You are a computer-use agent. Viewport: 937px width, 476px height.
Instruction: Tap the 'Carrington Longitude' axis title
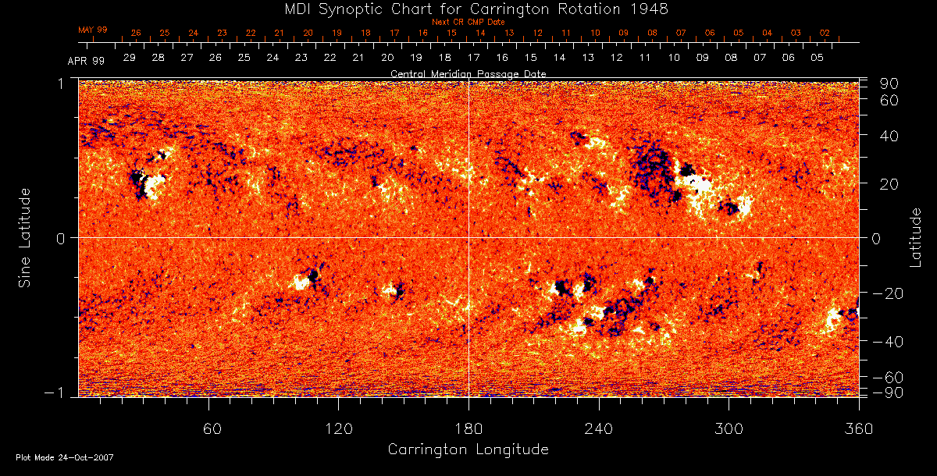point(468,449)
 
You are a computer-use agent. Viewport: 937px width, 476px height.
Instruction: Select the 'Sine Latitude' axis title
point(25,236)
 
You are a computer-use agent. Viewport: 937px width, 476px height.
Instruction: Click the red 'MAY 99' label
point(92,30)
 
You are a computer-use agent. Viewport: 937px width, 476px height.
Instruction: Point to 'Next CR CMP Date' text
point(468,22)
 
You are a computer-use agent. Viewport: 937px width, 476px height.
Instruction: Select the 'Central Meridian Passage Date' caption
point(468,73)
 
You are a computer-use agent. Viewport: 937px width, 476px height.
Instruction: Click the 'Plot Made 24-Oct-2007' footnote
point(65,457)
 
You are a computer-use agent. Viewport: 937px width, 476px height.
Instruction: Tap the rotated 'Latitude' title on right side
point(917,236)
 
